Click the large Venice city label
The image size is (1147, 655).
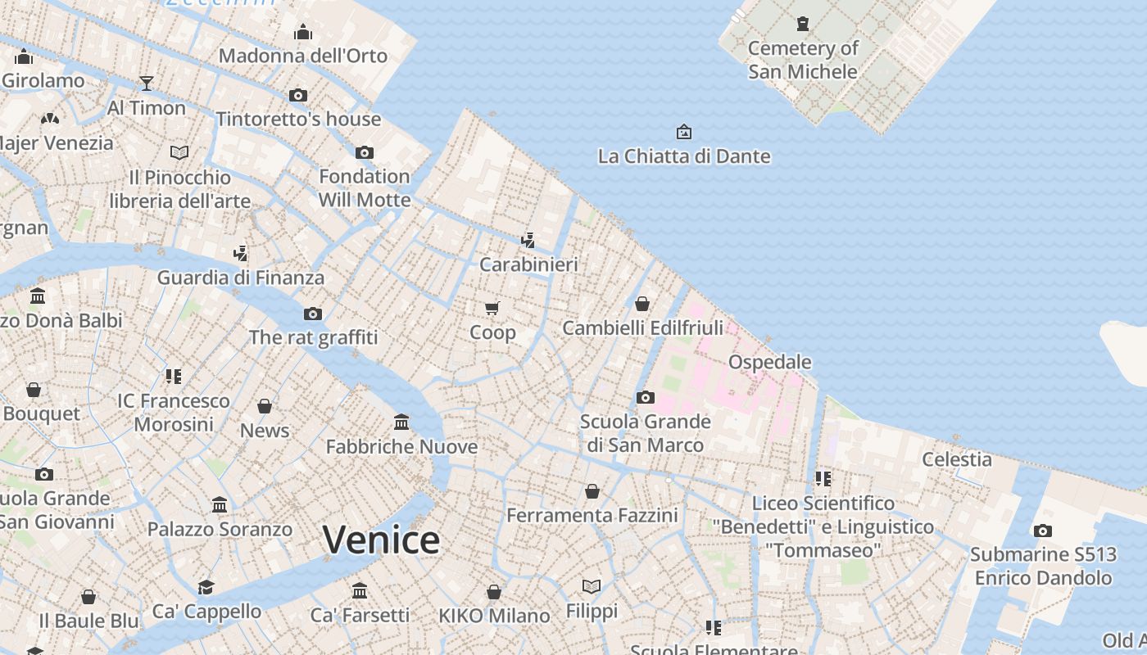[x=381, y=540]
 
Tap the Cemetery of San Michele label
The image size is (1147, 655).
[x=802, y=60]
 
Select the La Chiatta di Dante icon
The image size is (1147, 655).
[x=683, y=132]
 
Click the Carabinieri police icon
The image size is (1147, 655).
[x=528, y=241]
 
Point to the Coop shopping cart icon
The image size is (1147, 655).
[x=492, y=308]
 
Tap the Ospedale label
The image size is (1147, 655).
[x=769, y=362]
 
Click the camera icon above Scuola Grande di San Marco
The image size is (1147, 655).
[x=646, y=398]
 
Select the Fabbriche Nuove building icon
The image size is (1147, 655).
[x=401, y=422]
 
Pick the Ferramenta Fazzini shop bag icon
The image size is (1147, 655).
[x=592, y=491]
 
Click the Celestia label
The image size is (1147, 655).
[x=957, y=459]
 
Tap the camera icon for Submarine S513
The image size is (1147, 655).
[x=1042, y=531]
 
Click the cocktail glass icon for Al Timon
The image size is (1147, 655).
[x=147, y=84]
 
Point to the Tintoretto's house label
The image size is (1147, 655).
[x=298, y=120]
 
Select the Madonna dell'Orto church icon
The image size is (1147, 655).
[x=303, y=33]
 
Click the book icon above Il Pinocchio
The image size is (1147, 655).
[x=179, y=152]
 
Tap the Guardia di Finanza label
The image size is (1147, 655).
[x=241, y=278]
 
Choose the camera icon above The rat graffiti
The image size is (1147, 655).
[x=313, y=314]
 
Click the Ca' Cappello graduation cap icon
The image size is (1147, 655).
[x=206, y=587]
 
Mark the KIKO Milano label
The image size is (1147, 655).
[x=494, y=616]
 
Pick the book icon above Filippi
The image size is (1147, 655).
[x=592, y=586]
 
